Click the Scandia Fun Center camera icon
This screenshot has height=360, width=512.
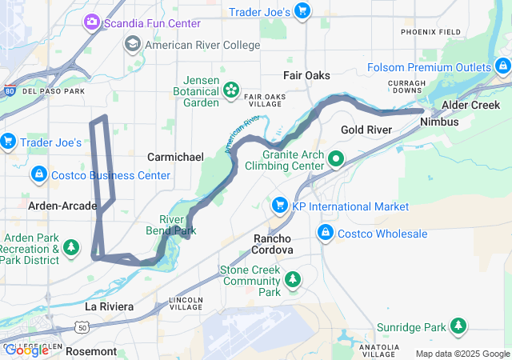92,22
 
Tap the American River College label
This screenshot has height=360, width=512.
201,45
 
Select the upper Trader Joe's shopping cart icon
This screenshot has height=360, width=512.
302,11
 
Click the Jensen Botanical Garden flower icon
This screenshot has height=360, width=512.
231,90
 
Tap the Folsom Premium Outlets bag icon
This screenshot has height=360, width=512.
502,67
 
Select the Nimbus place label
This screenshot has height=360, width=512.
438,122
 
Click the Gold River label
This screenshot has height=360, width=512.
366,129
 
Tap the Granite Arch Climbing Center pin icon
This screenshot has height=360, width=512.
336,158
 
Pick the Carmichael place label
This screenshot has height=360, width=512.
175,157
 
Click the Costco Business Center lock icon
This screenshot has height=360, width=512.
38,174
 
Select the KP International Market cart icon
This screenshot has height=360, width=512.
279,206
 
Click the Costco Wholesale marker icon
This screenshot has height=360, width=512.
326,234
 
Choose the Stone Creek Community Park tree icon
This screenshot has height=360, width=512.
293,278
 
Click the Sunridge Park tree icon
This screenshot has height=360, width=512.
458,326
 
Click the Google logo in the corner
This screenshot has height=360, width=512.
27,350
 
